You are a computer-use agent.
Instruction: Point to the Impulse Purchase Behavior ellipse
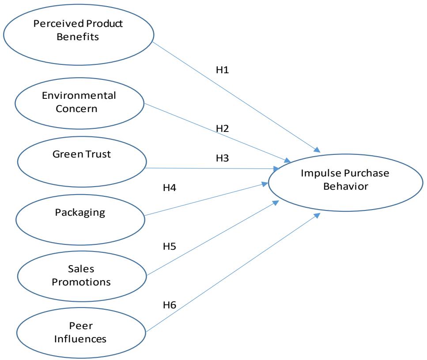click(345, 180)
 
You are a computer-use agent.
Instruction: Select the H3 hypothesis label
click(223, 157)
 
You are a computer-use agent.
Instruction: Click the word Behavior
click(345, 186)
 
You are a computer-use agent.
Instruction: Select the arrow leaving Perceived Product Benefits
click(234, 95)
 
